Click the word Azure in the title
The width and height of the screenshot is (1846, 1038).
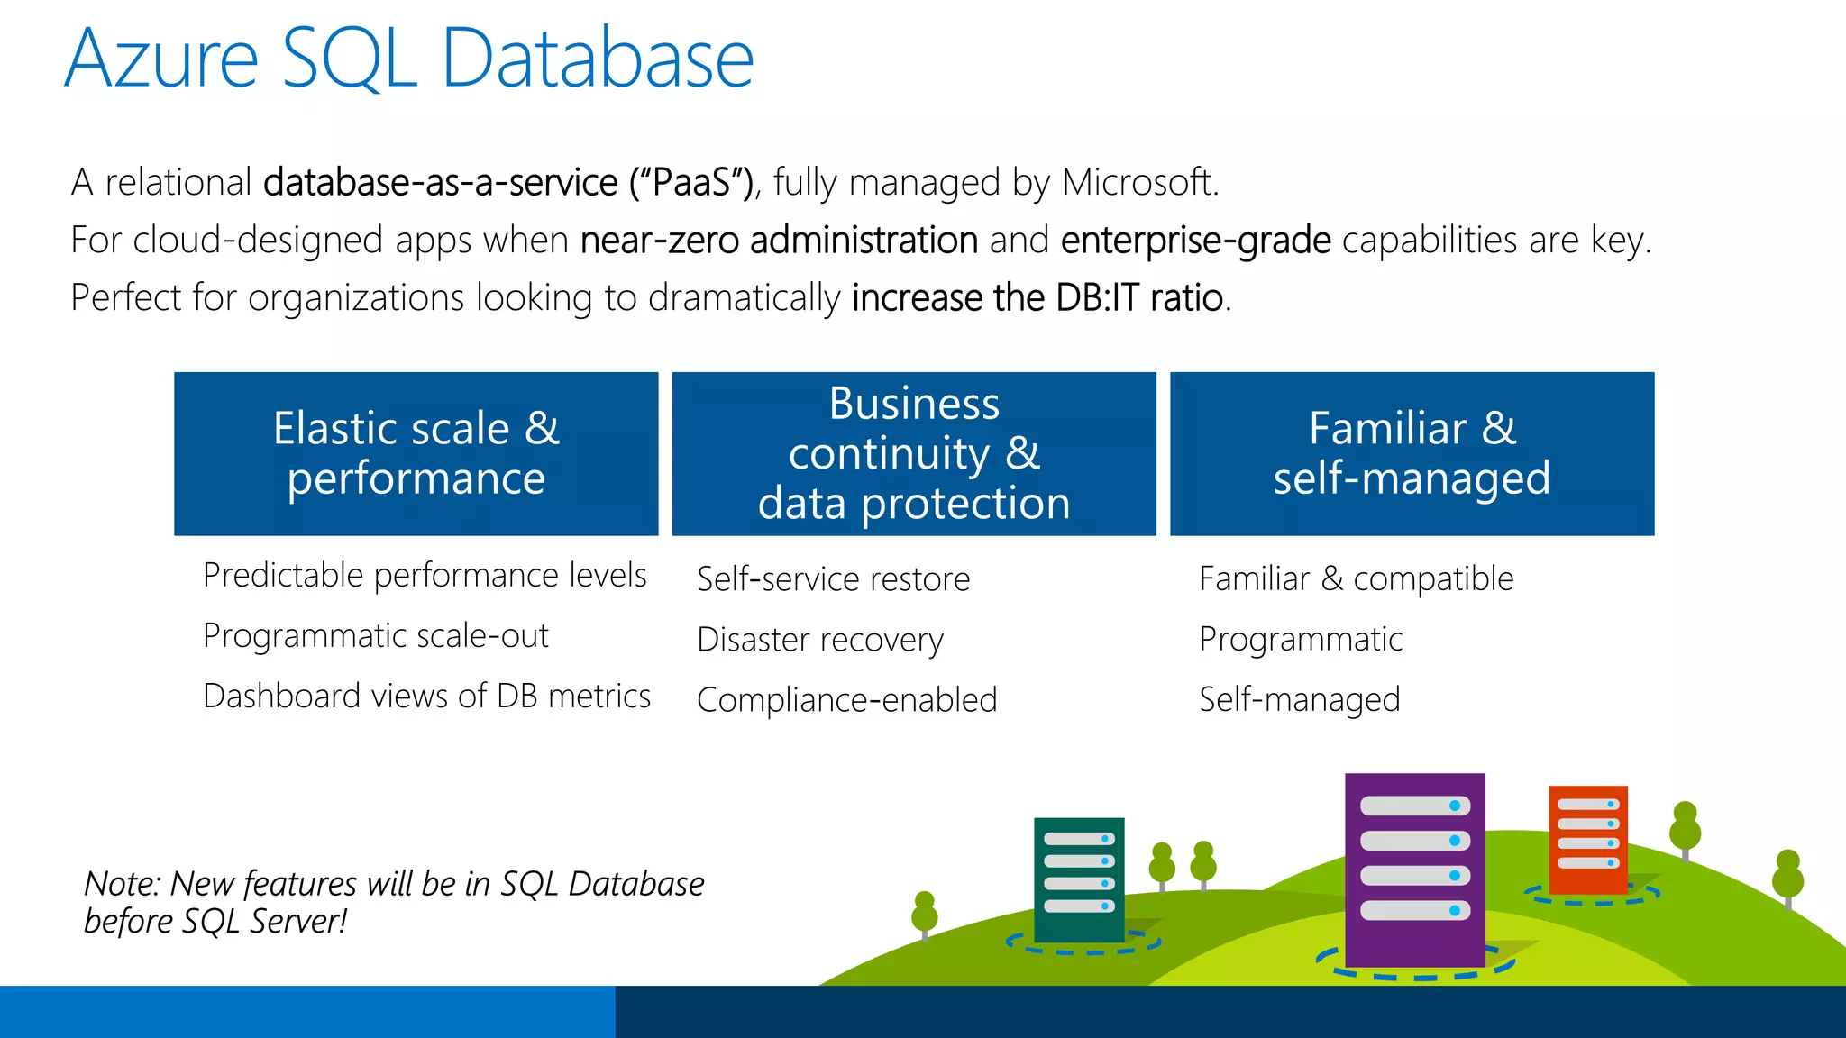tap(162, 59)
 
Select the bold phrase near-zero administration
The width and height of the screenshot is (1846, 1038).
tap(779, 241)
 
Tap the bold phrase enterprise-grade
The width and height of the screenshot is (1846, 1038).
tap(1195, 241)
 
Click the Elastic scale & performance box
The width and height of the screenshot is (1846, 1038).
tap(416, 453)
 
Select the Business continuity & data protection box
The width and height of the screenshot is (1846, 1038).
tap(914, 453)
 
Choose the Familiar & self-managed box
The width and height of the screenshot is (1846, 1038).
tap(1412, 453)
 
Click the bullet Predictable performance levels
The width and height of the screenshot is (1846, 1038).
tap(425, 575)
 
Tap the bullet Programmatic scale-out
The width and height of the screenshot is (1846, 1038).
tap(375, 636)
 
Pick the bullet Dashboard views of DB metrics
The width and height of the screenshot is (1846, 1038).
tap(426, 697)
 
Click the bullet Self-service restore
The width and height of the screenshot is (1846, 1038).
tap(833, 579)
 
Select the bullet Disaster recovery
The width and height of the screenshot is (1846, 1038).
tap(819, 640)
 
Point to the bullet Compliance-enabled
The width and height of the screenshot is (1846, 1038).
tap(846, 700)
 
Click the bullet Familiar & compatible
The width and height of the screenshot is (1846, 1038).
tap(1356, 579)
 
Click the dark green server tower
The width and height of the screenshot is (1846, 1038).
tap(1079, 878)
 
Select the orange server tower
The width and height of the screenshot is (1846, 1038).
tap(1588, 838)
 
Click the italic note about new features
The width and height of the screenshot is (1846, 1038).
tap(394, 902)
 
